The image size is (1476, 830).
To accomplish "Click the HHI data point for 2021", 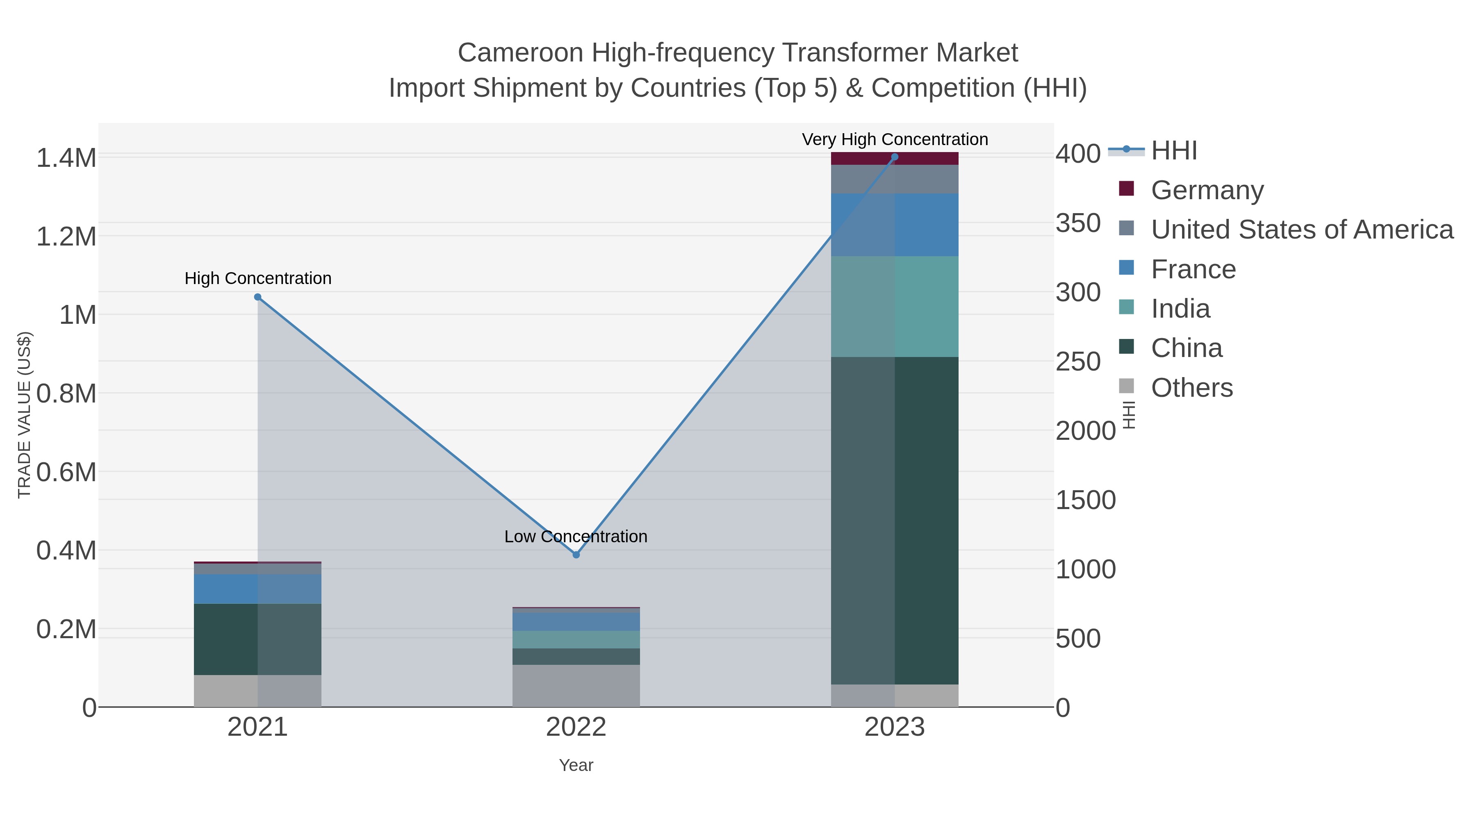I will tap(257, 297).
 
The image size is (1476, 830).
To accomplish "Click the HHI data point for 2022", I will tap(576, 555).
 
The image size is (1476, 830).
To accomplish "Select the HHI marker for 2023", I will tap(895, 157).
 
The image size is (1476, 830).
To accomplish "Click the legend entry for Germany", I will tap(1207, 190).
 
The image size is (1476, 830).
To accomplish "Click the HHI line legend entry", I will tap(1173, 150).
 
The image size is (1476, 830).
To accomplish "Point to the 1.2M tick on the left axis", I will tap(66, 236).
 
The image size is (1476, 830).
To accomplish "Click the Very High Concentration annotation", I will tap(895, 139).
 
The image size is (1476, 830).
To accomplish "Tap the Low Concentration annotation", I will tap(576, 536).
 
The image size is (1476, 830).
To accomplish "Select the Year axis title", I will tap(576, 765).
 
